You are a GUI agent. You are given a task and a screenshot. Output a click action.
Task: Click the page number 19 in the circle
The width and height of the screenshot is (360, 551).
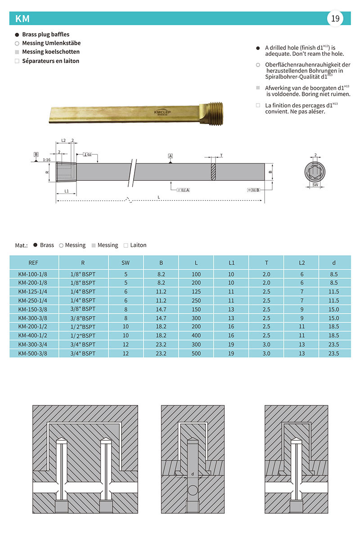coord(335,18)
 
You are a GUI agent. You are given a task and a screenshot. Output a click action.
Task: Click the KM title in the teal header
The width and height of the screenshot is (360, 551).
coord(22,18)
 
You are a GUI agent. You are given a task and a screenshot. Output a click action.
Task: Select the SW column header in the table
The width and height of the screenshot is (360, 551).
coord(126,262)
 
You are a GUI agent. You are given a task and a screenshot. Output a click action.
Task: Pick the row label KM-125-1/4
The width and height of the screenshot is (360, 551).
coord(32,291)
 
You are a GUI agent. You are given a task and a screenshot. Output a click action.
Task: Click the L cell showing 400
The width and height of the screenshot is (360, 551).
coord(196,336)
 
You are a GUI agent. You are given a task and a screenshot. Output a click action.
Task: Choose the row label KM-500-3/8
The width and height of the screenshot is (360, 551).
coord(32,354)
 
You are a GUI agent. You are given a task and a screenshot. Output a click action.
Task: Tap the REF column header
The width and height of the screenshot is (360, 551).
coord(33,262)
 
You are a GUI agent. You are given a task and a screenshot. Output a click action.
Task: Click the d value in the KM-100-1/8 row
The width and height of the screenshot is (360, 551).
coord(334,274)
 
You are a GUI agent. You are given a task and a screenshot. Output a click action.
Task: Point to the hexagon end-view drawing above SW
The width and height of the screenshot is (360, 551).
coord(315,171)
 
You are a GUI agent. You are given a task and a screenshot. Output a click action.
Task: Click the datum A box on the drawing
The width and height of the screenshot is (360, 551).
coord(171,156)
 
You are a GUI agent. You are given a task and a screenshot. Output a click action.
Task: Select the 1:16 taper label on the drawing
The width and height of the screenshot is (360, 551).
coord(46,160)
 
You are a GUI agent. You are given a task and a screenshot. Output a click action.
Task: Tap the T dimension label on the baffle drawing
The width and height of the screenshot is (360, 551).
coord(221,156)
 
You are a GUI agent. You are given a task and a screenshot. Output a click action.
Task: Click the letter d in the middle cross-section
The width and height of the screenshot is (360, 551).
coord(193,474)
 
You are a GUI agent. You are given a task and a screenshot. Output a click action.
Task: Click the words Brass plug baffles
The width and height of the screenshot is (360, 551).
coord(45,34)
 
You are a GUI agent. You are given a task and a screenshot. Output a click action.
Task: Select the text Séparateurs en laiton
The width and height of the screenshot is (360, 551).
coord(50,61)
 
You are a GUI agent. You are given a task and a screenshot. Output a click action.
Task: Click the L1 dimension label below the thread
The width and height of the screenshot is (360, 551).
coord(67,191)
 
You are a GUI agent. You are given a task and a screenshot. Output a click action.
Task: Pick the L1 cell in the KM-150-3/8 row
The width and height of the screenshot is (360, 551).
coord(231,309)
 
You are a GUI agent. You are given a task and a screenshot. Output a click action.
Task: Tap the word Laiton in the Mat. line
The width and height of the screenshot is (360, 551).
coord(138,245)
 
